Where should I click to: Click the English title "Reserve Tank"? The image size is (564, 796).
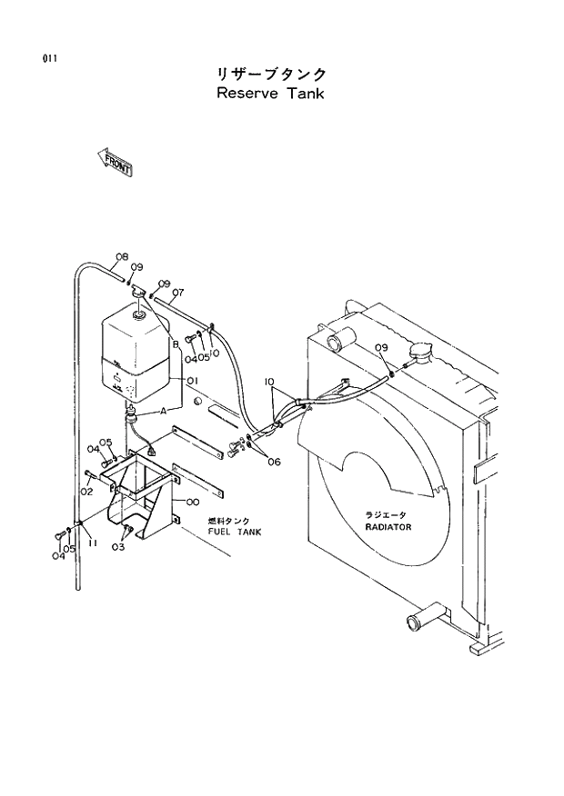point(271,94)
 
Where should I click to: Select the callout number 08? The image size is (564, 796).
point(121,256)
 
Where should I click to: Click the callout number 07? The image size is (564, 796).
point(177,293)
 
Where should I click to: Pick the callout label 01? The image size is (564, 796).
point(193,382)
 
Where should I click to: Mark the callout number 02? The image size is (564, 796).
point(87,492)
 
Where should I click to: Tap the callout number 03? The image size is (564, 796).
point(119,547)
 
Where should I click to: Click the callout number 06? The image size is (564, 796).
point(274,462)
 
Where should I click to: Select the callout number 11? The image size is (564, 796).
point(93,542)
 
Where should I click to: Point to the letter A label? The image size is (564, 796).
point(164,411)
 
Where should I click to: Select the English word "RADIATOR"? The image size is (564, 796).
point(388,527)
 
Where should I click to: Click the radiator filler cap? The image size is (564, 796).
point(422,352)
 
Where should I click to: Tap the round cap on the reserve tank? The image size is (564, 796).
point(138,315)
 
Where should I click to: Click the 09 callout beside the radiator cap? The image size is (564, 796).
point(381,348)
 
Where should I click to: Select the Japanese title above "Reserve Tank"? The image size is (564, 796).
point(271,73)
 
